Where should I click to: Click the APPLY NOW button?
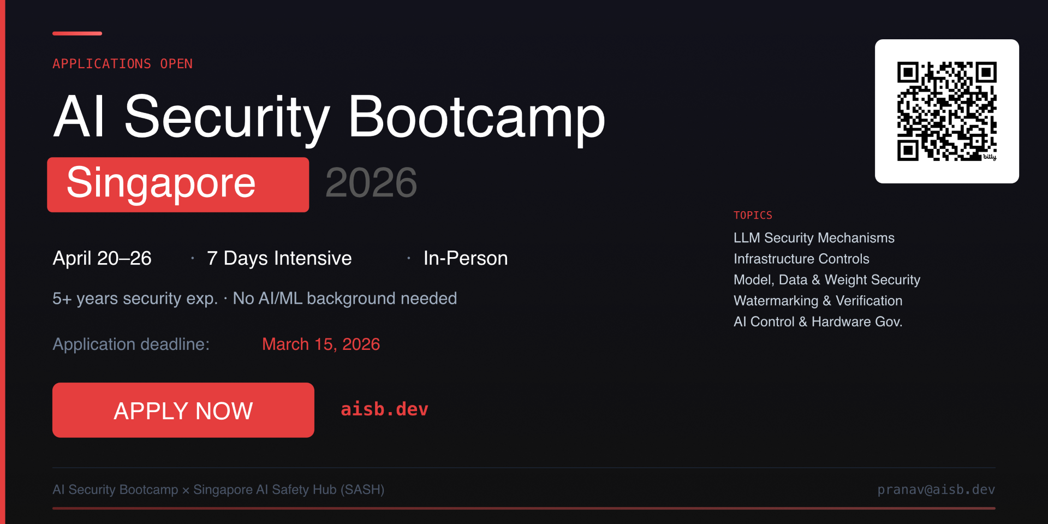(183, 410)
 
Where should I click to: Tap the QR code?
(947, 111)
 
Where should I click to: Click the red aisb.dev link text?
(384, 409)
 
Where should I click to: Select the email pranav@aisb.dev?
(936, 490)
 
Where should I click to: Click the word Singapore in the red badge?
(161, 183)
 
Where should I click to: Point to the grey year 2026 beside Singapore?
(371, 182)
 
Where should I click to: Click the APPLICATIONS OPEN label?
(122, 64)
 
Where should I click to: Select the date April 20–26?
(102, 258)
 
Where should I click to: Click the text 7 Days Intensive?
(279, 258)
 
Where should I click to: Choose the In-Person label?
(466, 258)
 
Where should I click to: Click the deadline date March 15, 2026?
(321, 344)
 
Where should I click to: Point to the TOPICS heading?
(753, 215)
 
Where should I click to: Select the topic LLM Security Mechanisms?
(814, 238)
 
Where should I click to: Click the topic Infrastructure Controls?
(801, 259)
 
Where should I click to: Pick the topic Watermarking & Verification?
(818, 301)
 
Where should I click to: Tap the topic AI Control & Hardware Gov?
(818, 321)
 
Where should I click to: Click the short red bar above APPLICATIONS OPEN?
(77, 33)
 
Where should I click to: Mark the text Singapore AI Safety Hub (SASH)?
(289, 490)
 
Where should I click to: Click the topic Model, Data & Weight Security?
(827, 280)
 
